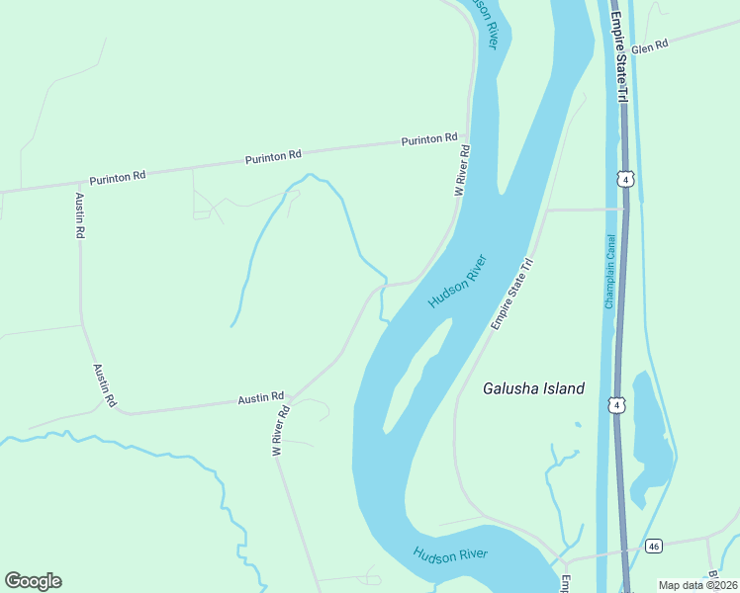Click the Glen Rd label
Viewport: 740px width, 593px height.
651,46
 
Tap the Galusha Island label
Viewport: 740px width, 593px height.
533,388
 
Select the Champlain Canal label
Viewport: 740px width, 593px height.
610,271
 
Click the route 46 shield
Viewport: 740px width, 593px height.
654,546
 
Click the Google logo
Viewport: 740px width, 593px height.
33,581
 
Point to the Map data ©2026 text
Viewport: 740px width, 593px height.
697,585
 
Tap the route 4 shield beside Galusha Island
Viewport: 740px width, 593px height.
617,404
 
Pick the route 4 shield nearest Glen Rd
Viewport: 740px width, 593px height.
624,178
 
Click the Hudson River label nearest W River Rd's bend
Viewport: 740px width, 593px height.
456,282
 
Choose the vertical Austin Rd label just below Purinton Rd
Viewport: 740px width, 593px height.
79,215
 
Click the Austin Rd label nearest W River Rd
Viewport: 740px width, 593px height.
261,397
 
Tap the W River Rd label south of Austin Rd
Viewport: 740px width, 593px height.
281,430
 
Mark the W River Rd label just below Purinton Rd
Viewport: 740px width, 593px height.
462,170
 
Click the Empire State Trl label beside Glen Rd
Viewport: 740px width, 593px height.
618,55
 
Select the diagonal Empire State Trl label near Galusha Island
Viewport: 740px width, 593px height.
512,296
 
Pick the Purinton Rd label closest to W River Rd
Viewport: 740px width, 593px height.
429,140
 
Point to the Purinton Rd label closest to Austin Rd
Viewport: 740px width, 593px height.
118,177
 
